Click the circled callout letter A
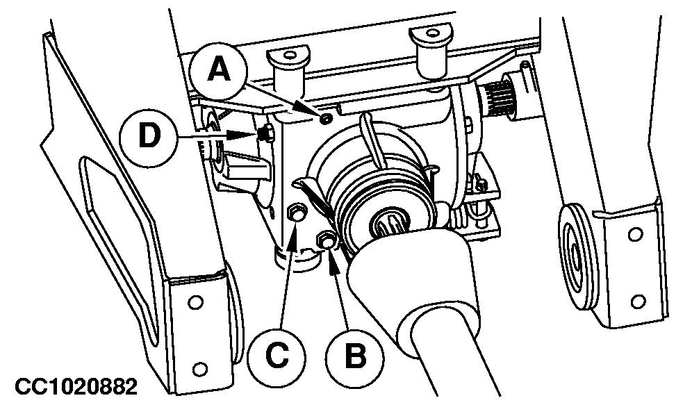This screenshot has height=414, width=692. (x=219, y=71)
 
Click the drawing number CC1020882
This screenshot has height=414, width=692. (x=76, y=387)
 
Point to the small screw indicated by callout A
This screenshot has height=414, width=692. (x=327, y=119)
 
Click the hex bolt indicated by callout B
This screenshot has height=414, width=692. (x=325, y=240)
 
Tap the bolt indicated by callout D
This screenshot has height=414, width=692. (x=265, y=134)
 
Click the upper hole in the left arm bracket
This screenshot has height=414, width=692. (x=194, y=302)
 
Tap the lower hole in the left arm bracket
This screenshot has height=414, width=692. (x=200, y=368)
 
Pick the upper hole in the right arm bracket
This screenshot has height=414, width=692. (x=636, y=234)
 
